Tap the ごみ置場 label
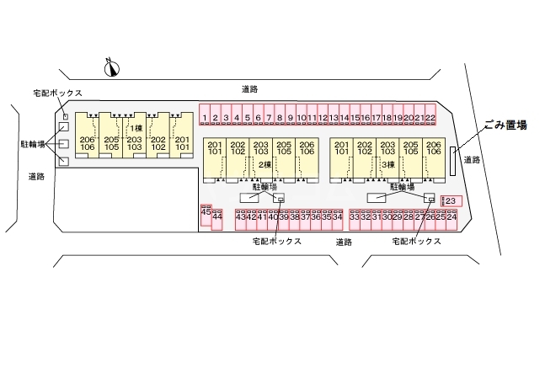coord(505,125)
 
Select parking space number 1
coord(204,118)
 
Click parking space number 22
coord(430,118)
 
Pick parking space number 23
coord(450,200)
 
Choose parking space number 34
coord(337,217)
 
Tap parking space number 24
coord(451,217)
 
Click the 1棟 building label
coord(134,128)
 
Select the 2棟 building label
coord(264,164)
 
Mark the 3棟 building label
coord(387,164)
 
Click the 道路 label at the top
coord(248,88)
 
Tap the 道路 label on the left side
coord(35,177)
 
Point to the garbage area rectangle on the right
coord(453,161)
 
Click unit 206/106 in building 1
coord(87,143)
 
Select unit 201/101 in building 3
coord(341,150)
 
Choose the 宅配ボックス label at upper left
coord(57,93)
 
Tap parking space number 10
coord(301,118)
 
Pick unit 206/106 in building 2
coord(307,150)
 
